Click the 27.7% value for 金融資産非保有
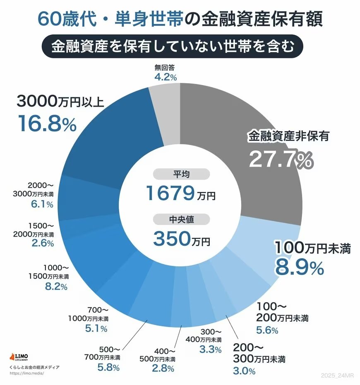(280, 159)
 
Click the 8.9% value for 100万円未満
(299, 268)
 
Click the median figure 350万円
(181, 238)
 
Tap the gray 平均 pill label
(181, 174)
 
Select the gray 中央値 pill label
(181, 219)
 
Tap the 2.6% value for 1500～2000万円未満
(43, 243)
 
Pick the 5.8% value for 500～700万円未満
(108, 367)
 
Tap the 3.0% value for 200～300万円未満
(244, 371)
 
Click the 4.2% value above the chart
(166, 77)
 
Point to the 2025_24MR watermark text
(338, 374)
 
